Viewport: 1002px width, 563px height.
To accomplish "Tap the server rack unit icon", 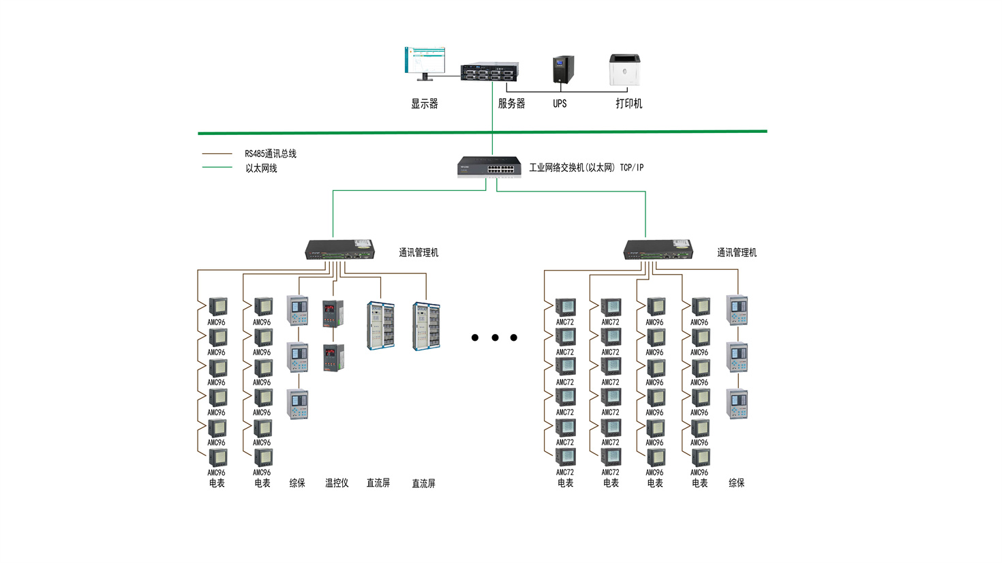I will pos(489,72).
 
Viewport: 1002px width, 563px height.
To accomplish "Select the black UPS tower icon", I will pos(562,70).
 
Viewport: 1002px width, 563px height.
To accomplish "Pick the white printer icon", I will pos(624,70).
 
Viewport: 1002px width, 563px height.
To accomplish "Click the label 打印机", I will pos(628,104).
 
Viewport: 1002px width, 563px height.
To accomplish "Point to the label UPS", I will pos(560,104).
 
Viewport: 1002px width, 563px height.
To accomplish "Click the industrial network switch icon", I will pos(489,166).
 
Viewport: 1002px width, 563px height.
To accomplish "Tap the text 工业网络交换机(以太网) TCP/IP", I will pos(586,168).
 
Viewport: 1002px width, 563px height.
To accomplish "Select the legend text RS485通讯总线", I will pos(271,154).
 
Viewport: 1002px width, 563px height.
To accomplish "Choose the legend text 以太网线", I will pos(261,168).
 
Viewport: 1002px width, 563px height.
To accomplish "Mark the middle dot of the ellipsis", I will pos(495,337).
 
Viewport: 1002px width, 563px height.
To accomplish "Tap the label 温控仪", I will pos(337,483).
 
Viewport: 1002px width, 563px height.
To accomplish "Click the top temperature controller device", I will pos(333,314).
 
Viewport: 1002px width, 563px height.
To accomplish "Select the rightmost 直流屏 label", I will pos(423,484).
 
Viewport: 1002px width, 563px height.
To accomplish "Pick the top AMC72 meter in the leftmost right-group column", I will pos(565,307).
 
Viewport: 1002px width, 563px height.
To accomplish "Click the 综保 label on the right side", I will pos(736,483).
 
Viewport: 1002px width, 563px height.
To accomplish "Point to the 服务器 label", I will pos(511,104).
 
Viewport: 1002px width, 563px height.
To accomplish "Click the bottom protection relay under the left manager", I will pos(298,404).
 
